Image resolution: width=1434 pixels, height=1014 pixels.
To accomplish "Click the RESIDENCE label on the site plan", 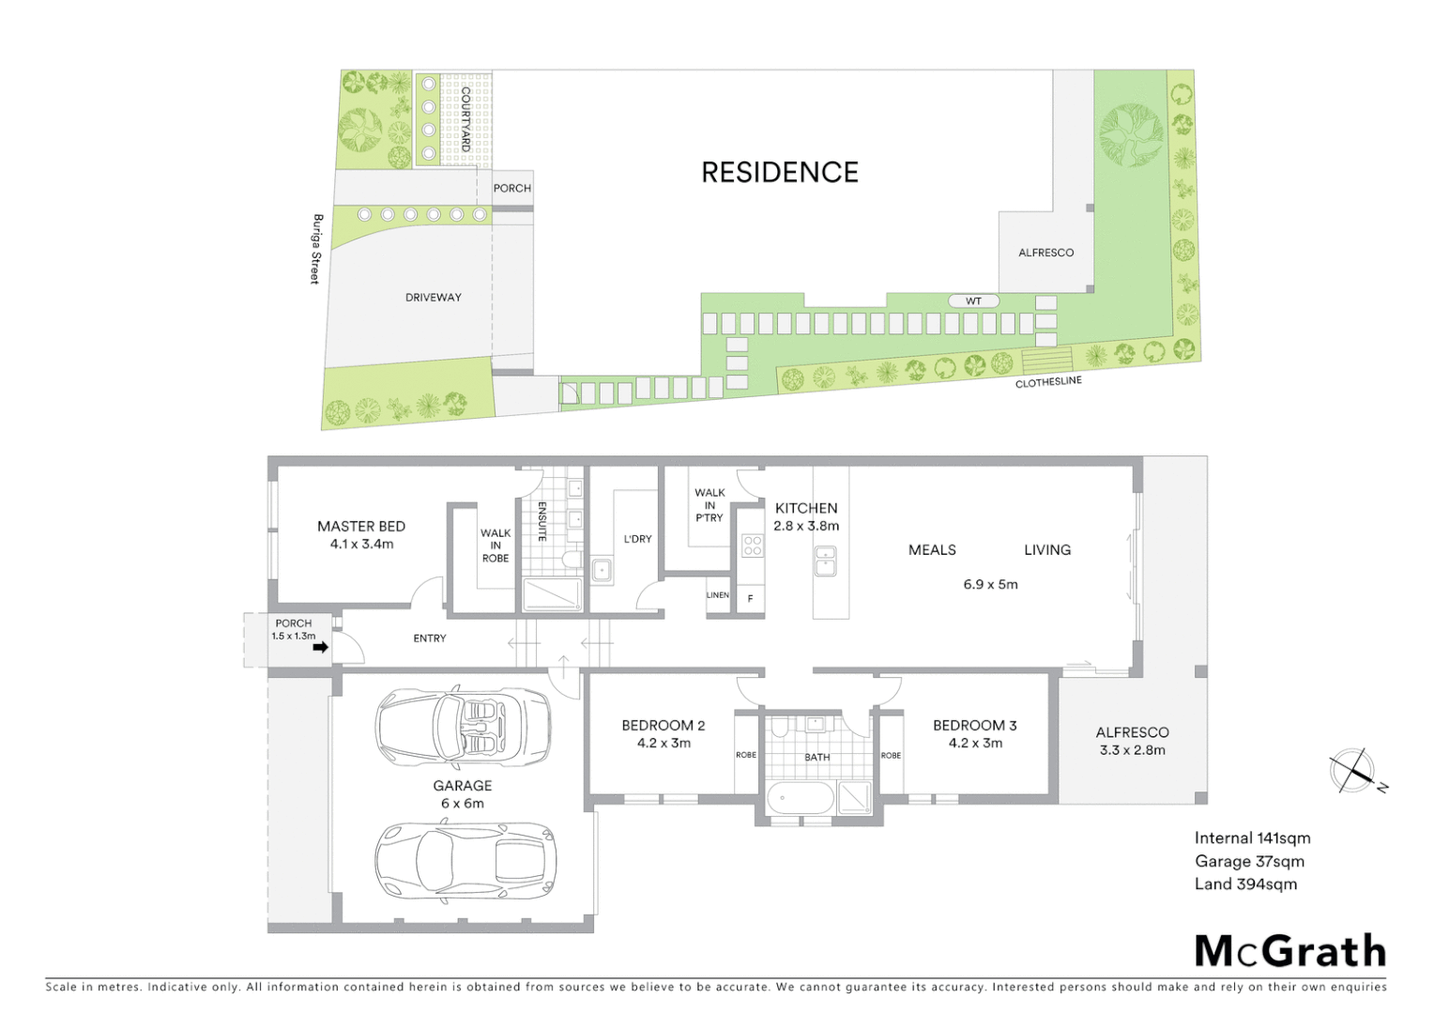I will [x=780, y=173].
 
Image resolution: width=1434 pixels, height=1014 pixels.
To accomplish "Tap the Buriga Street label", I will [x=317, y=249].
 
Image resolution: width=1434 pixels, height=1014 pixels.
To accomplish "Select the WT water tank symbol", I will [x=973, y=301].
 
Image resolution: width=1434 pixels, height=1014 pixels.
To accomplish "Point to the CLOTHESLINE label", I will [x=1048, y=382].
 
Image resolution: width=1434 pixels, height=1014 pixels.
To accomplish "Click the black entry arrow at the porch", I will [x=320, y=647].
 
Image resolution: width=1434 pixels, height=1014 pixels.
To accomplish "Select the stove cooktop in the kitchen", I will [x=752, y=545].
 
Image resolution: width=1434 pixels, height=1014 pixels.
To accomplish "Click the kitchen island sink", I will [x=825, y=561].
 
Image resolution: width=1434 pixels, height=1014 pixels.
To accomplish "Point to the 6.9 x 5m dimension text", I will [x=990, y=584].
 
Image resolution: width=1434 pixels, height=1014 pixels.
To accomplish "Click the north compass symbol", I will [x=1353, y=771].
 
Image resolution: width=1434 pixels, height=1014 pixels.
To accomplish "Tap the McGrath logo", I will [x=1290, y=951].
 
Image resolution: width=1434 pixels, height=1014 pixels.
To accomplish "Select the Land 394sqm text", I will [x=1245, y=884].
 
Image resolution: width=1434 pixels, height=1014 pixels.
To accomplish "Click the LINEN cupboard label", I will [x=717, y=595].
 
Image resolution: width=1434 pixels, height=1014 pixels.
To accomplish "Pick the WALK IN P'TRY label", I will [x=709, y=505].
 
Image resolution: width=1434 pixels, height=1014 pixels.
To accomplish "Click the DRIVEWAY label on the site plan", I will [x=433, y=298].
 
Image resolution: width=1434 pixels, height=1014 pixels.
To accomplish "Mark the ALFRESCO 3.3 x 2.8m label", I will [x=1132, y=741].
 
